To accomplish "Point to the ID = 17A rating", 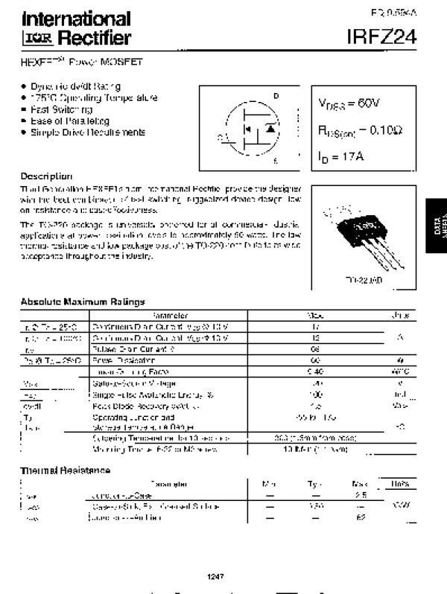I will point(340,156).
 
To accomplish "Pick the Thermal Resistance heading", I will point(65,470).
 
